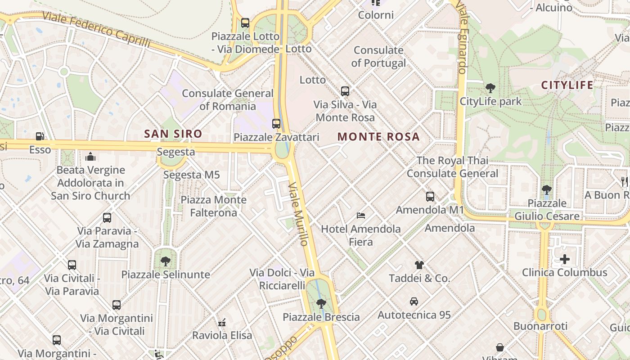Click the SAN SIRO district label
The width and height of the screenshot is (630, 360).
(x=173, y=134)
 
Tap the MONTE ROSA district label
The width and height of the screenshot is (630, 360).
(x=378, y=137)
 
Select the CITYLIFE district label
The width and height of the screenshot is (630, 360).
(x=567, y=85)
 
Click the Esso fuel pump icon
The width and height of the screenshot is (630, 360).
(x=40, y=136)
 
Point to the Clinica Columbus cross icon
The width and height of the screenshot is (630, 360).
(x=565, y=259)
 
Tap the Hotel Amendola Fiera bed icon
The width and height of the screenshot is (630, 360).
(x=361, y=216)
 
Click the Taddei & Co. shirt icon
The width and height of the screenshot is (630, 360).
(x=419, y=265)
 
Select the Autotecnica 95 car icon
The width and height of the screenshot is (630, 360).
(x=414, y=301)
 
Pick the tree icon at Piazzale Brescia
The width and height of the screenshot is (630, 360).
(x=321, y=304)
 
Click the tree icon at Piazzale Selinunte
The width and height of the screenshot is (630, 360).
(x=166, y=261)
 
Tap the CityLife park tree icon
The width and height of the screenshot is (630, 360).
(x=490, y=88)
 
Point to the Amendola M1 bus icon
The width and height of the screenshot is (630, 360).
(x=430, y=197)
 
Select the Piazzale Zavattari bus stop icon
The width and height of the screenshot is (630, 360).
(x=276, y=123)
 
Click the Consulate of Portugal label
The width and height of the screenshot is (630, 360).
(x=378, y=57)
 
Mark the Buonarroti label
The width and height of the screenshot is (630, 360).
(x=540, y=326)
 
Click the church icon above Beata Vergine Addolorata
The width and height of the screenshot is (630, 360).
(x=90, y=157)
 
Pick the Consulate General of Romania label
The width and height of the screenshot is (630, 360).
(x=228, y=100)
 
